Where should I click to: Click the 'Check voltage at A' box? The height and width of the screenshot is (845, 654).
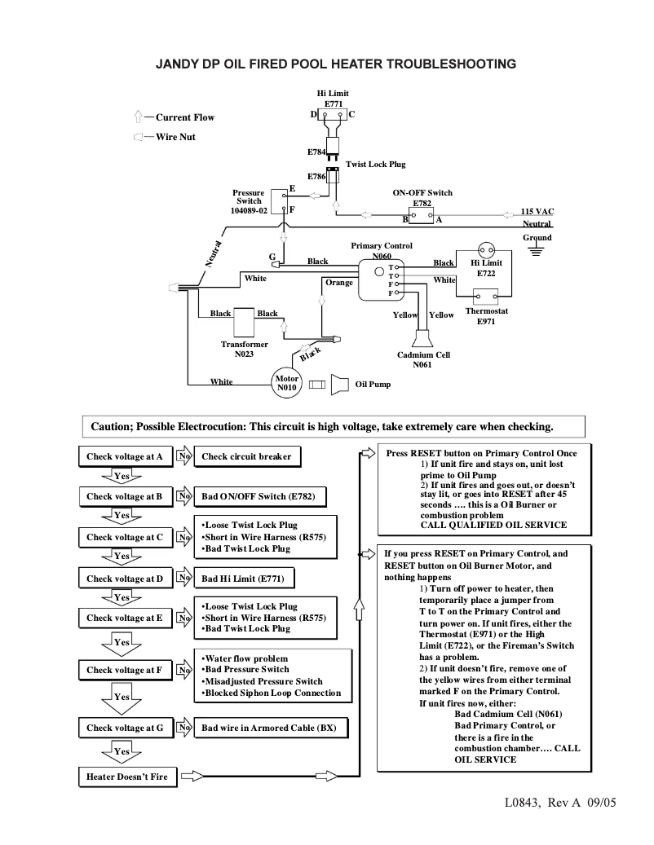[x=125, y=456]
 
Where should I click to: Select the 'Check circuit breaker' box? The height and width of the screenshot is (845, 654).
[x=246, y=456]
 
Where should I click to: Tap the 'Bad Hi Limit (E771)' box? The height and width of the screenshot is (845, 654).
[x=244, y=579]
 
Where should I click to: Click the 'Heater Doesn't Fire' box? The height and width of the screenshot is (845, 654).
[x=127, y=777]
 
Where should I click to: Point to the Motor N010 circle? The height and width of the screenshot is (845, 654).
[x=286, y=383]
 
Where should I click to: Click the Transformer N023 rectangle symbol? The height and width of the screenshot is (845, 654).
[x=245, y=319]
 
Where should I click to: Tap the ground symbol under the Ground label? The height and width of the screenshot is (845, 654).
[x=536, y=252]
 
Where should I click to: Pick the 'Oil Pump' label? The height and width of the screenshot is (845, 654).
[x=373, y=384]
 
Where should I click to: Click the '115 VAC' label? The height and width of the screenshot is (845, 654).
[x=537, y=211]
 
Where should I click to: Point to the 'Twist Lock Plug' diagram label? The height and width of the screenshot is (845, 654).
[x=375, y=164]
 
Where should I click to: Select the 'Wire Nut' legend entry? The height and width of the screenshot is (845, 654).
[x=175, y=137]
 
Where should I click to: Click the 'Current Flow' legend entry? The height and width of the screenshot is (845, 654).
[x=184, y=117]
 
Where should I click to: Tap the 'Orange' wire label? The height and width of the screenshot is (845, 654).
[x=339, y=283]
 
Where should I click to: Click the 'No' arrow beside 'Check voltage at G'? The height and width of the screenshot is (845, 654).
[x=184, y=728]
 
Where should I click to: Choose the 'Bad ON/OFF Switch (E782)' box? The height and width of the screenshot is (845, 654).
[x=252, y=495]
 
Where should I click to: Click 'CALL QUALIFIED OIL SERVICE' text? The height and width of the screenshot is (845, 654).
[x=493, y=525]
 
